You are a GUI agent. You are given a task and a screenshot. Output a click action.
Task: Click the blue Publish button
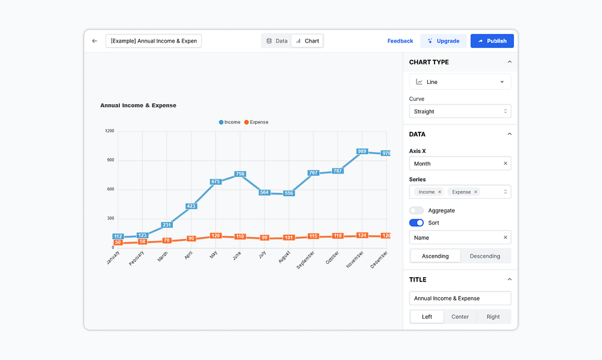[492, 41]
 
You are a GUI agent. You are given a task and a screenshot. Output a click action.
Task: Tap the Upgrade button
[443, 41]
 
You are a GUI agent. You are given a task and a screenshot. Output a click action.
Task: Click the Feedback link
[400, 41]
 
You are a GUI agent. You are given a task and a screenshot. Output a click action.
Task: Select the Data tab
[277, 41]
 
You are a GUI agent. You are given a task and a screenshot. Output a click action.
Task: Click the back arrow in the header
[94, 41]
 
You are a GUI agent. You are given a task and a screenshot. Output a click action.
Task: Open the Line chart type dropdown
[460, 82]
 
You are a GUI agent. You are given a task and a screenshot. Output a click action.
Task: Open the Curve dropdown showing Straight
[460, 112]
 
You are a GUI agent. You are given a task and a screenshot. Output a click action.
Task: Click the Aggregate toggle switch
[417, 211]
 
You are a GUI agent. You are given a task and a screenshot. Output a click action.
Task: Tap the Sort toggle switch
[417, 223]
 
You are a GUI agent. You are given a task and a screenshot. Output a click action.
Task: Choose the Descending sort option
[485, 256]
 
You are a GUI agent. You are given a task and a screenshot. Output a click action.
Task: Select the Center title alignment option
[460, 317]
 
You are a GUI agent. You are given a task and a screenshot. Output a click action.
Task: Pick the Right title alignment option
[493, 317]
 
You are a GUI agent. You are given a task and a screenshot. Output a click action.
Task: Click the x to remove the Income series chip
[439, 192]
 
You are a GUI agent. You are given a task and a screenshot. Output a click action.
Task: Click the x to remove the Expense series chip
[476, 192]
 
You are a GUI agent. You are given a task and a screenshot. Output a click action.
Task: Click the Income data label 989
[362, 152]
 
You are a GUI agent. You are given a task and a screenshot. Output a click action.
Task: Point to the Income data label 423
[191, 206]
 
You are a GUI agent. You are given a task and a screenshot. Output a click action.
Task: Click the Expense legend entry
[256, 122]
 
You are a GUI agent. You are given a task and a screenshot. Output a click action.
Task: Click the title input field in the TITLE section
[460, 298]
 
